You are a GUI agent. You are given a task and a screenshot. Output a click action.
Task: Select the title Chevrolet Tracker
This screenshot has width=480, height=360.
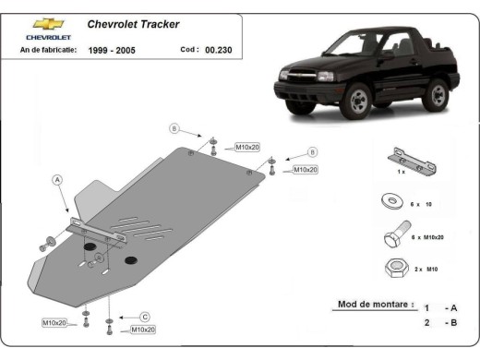coord(134,24)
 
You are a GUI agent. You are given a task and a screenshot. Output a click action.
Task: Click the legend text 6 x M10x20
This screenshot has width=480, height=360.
coord(426,238)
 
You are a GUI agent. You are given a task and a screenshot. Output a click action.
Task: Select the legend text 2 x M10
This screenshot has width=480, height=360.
coord(426,269)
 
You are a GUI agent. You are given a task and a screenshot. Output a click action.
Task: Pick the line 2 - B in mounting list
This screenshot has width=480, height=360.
coord(438,322)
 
